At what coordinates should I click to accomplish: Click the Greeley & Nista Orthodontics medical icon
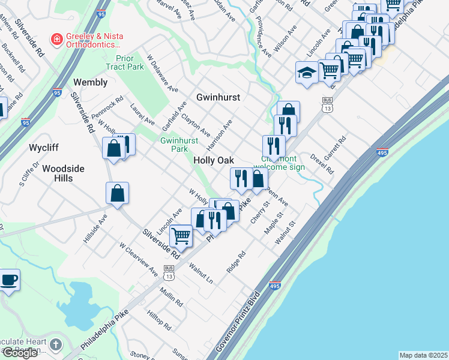click(57, 40)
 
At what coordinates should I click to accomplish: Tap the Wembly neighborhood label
click(90, 82)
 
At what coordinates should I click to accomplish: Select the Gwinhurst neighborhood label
click(218, 97)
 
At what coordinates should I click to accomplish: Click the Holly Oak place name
click(213, 160)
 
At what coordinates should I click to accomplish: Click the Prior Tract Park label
click(125, 62)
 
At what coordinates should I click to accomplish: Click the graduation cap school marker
click(307, 73)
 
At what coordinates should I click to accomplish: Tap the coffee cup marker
click(8, 280)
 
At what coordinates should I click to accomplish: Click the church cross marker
click(56, 344)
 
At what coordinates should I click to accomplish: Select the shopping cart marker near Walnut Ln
click(181, 235)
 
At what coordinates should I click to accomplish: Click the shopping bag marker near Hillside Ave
click(118, 193)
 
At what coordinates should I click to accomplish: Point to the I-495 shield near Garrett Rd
click(382, 152)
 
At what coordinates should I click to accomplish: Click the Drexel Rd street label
click(322, 164)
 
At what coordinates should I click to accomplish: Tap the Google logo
click(20, 353)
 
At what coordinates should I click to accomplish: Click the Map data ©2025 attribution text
click(423, 355)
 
